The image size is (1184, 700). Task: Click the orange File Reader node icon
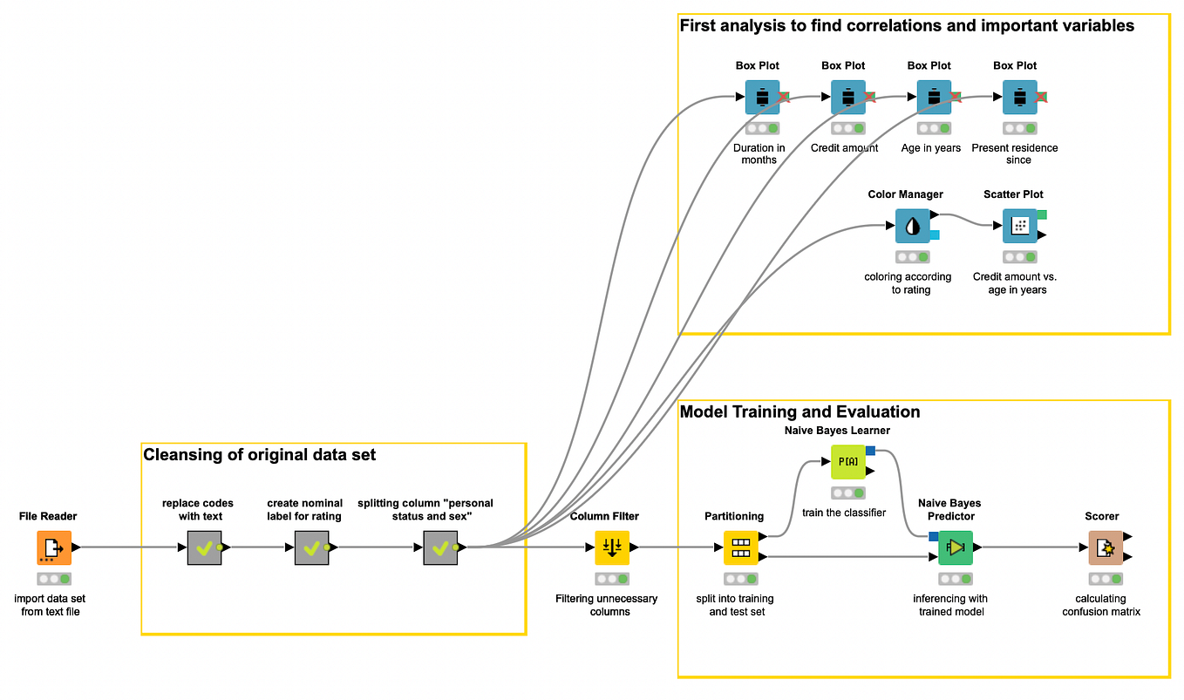pos(54,547)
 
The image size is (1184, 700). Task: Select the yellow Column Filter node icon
pos(612,547)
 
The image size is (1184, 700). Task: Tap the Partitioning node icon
pos(740,547)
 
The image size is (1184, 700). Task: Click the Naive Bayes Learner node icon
pos(847,461)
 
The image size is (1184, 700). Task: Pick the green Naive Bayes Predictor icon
pos(956,547)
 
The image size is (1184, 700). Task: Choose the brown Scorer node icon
pos(1105,547)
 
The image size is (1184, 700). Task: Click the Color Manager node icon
pos(912,226)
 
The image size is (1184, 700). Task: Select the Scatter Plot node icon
pos(1019,226)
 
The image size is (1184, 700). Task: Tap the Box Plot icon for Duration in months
pos(762,98)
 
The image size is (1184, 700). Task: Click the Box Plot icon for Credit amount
pos(847,98)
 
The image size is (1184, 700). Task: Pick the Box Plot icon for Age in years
pos(933,98)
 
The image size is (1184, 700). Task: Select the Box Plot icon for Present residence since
pos(1019,98)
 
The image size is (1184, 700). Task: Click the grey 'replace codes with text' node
pos(204,547)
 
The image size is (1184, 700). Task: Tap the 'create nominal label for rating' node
pos(311,547)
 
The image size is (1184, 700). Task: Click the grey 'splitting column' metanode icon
pos(440,547)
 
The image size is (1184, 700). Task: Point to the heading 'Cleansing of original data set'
pos(259,454)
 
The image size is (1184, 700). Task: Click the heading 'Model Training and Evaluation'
pos(800,411)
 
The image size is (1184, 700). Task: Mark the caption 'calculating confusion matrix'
pos(1101,605)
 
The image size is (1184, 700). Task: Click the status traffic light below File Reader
pos(54,579)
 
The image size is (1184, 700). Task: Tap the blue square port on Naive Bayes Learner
pos(870,450)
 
